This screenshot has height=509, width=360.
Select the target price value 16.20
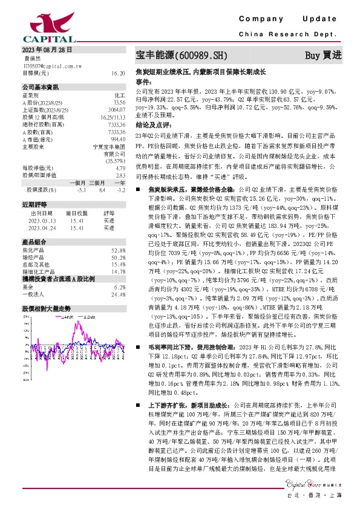point(118,73)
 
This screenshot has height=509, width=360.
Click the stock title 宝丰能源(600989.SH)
point(181,56)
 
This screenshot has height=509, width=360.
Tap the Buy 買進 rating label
point(323,56)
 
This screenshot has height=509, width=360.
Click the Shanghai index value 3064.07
point(116,109)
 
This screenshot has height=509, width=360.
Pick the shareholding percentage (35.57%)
point(115,161)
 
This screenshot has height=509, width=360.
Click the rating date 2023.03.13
point(43,221)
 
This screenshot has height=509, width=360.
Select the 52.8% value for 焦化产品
point(118,250)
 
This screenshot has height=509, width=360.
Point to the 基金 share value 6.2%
point(119,287)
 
